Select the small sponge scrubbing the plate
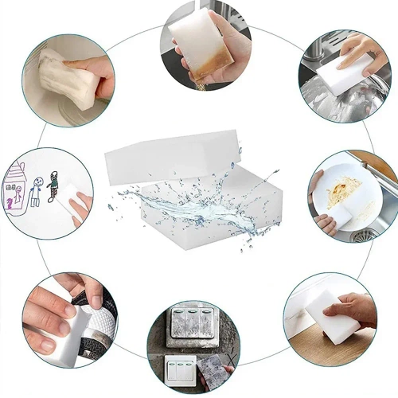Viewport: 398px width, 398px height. (x=338, y=215)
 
